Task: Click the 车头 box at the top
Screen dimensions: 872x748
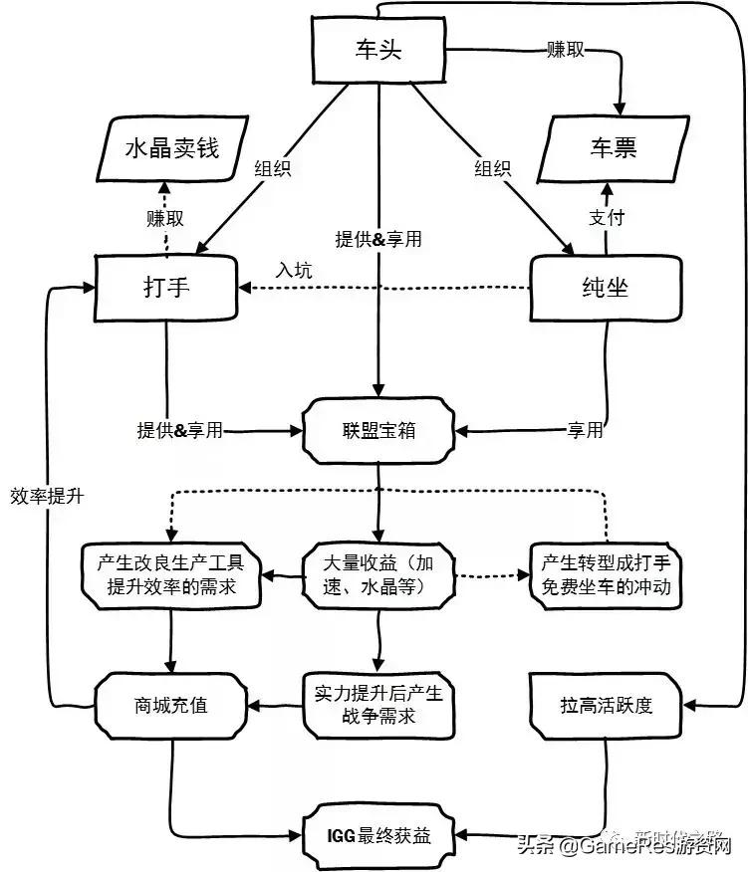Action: point(377,50)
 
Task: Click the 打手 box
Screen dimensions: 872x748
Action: point(166,287)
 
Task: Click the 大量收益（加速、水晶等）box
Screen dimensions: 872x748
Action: point(377,575)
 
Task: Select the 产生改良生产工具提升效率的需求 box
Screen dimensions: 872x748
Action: point(170,575)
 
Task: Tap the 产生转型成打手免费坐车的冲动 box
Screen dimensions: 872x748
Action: point(606,575)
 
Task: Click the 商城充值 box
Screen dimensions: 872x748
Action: point(170,706)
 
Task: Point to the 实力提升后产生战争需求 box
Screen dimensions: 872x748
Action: point(377,704)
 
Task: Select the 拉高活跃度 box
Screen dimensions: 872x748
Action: point(606,706)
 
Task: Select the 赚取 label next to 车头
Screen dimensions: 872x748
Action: point(565,49)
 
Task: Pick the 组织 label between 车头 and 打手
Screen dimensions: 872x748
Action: point(273,168)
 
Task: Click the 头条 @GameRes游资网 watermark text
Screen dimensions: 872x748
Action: point(623,846)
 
